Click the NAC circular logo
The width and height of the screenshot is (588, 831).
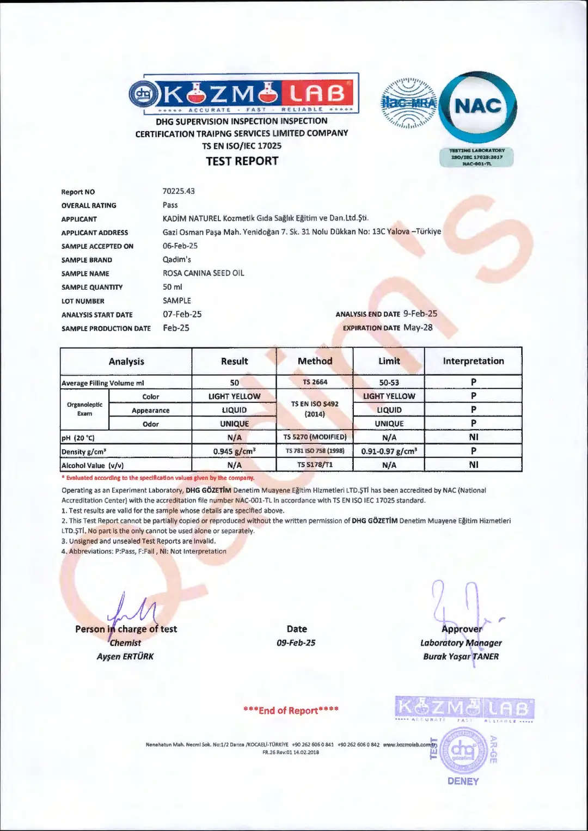tap(477, 106)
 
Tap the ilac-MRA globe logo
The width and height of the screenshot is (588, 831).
tap(408, 103)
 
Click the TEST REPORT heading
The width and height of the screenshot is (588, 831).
tap(242, 161)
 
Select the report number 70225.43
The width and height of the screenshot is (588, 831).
tap(179, 191)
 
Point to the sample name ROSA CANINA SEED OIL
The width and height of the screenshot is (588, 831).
tap(203, 273)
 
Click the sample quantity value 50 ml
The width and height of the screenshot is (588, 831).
tap(172, 286)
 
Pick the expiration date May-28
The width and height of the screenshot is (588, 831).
tap(418, 327)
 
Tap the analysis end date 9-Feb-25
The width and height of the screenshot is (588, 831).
tap(420, 314)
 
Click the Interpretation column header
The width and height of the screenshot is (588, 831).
tap(473, 361)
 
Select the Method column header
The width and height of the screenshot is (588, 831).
tap(315, 361)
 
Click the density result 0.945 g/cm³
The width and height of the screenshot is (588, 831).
tap(234, 451)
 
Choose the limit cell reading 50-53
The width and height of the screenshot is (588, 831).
tap(389, 382)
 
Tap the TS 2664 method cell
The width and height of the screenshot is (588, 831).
tap(315, 382)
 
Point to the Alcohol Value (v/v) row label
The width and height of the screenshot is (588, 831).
tap(93, 465)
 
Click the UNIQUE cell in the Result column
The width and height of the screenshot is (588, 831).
tap(234, 424)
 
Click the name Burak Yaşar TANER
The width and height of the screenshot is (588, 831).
tap(461, 656)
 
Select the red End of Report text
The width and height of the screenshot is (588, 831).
tap(291, 710)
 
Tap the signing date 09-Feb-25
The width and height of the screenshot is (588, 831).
tap(296, 643)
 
